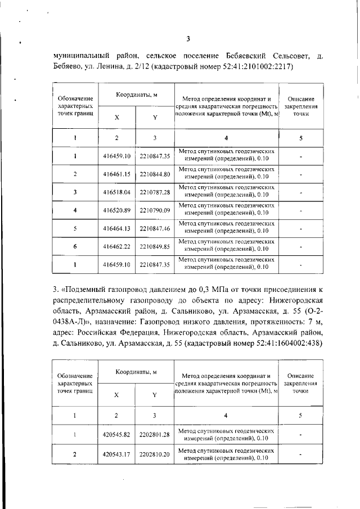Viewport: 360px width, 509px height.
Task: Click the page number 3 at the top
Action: [x=189, y=39]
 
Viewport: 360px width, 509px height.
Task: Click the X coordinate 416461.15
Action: [x=117, y=174]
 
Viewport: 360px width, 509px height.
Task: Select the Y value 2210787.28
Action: [x=155, y=192]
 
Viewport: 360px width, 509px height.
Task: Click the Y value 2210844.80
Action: [x=155, y=174]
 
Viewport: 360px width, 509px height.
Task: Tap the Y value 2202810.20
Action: [x=155, y=453]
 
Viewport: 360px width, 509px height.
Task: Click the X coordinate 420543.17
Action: [x=117, y=453]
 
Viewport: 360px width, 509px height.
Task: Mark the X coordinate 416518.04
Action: [x=117, y=192]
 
